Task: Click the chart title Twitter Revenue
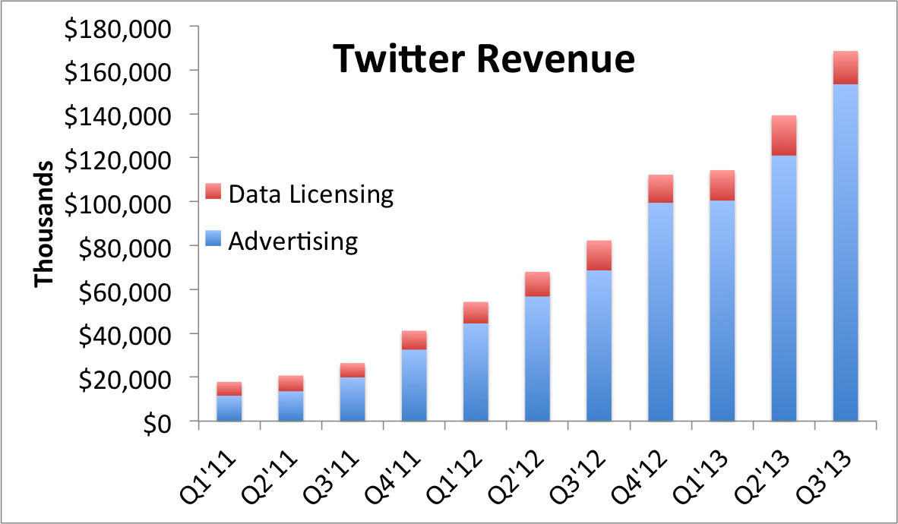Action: [484, 58]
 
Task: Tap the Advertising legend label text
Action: [292, 241]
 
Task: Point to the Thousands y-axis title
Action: [44, 224]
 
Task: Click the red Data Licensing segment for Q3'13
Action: [846, 68]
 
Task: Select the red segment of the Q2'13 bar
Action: [784, 135]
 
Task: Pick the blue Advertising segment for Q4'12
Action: [661, 311]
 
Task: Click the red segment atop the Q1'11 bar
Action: [229, 389]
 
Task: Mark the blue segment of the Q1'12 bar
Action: [476, 372]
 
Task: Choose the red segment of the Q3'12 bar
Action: [599, 255]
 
